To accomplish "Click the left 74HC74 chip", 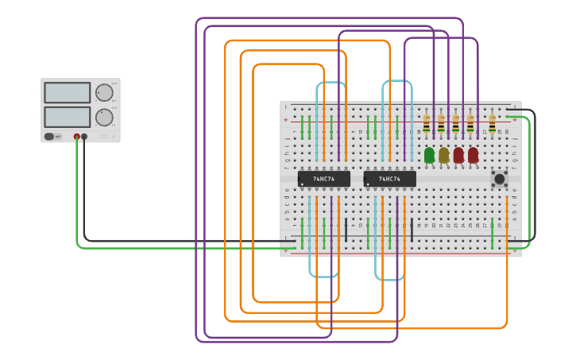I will (323, 179).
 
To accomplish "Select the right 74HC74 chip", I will (389, 179).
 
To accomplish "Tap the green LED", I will (430, 155).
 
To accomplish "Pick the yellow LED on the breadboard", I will (444, 155).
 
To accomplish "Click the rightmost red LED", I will (474, 155).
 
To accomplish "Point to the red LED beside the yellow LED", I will (458, 155).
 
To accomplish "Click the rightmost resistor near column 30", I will (492, 123).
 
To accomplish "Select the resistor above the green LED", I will (427, 123).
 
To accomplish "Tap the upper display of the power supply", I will (68, 92).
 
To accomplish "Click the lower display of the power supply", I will (68, 117).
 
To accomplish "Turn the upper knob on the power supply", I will (104, 93).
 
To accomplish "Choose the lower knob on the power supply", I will (104, 118).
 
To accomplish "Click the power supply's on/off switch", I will (50, 136).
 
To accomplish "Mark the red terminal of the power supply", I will (77, 137).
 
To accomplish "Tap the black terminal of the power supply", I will (84, 137).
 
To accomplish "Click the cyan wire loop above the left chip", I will (331, 82).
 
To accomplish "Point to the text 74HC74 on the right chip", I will (389, 179).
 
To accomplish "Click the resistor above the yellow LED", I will (441, 123).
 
